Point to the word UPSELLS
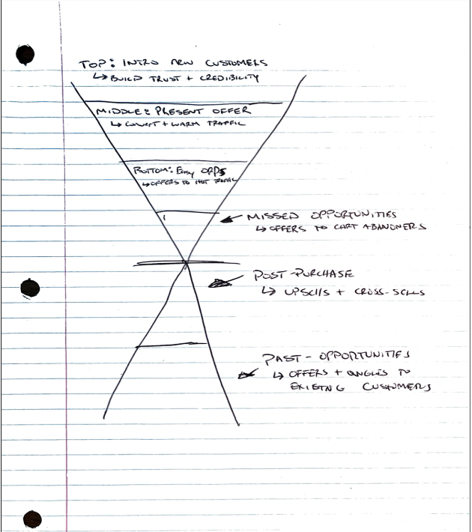click(323, 291)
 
